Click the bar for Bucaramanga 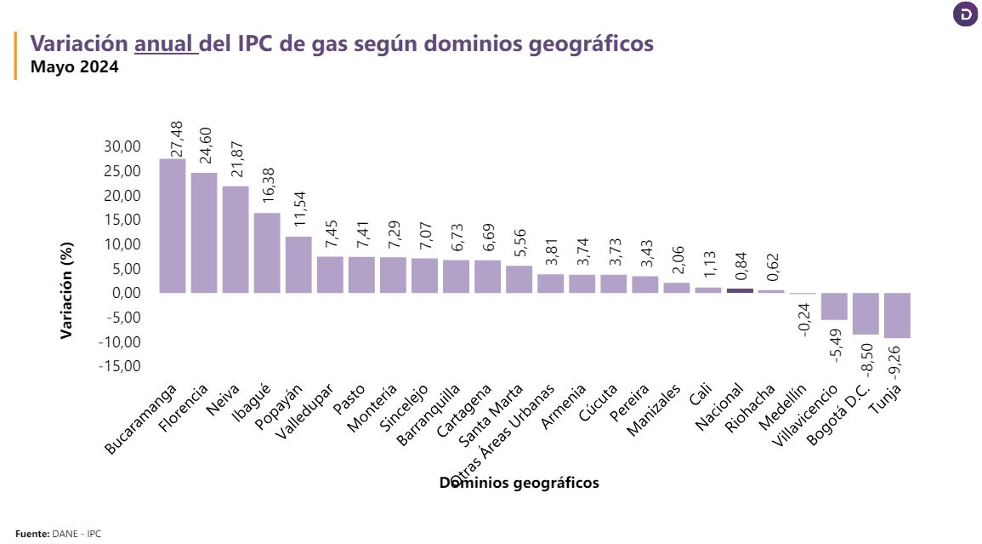tap(172, 226)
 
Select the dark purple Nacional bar tap(740, 290)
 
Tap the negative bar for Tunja tap(897, 315)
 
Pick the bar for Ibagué tap(267, 253)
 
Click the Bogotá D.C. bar tap(866, 313)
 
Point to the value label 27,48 tap(177, 136)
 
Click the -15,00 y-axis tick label tap(119, 366)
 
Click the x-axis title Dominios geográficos tap(519, 483)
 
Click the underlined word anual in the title tap(165, 43)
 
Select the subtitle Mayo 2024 tap(74, 66)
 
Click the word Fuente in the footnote tap(32, 534)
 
